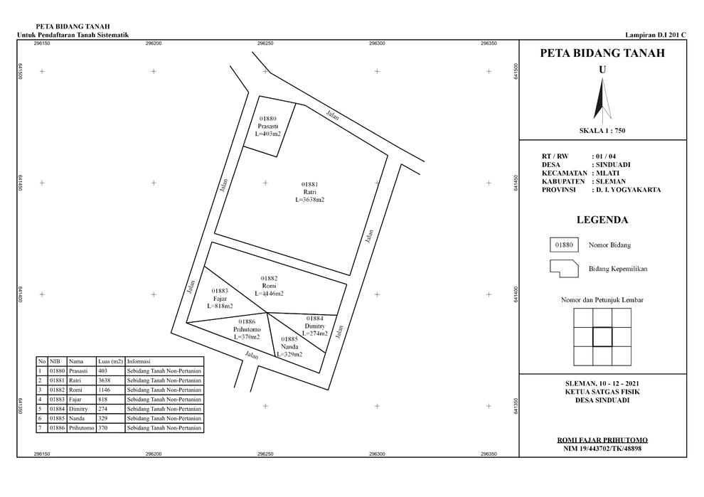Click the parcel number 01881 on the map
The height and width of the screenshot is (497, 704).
309,184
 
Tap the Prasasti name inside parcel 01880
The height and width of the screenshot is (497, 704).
267,126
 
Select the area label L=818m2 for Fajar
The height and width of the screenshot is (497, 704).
220,306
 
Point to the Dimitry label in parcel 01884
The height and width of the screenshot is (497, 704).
315,326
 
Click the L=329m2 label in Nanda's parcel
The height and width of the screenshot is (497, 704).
289,354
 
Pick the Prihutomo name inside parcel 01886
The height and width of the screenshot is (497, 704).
247,329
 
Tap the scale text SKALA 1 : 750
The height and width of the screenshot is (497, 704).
602,131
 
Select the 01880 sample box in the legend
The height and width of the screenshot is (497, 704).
564,245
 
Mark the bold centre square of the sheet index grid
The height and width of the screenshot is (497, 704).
602,337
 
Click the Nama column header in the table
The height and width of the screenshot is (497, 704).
76,361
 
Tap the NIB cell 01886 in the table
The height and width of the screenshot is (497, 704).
58,428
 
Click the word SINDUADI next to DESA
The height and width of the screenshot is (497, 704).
613,165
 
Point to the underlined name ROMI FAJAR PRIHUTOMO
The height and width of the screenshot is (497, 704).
602,440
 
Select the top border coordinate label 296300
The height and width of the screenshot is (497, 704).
377,43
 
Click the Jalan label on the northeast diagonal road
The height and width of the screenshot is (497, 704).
332,115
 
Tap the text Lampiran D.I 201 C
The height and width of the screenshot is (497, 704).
656,35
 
